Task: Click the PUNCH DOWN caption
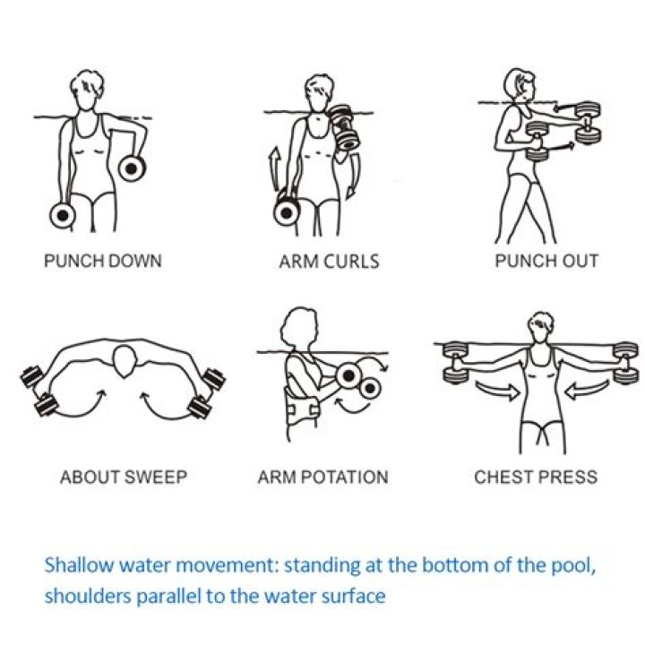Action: pyautogui.click(x=103, y=262)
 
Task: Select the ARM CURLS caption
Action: pyautogui.click(x=329, y=262)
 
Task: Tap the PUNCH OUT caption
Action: pyautogui.click(x=546, y=262)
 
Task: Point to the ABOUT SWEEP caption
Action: pyautogui.click(x=124, y=477)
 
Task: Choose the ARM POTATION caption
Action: pyautogui.click(x=322, y=477)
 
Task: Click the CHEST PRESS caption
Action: pyautogui.click(x=535, y=477)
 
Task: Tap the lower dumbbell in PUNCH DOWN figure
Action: pyautogui.click(x=64, y=215)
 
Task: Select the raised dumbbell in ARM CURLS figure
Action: pyautogui.click(x=344, y=127)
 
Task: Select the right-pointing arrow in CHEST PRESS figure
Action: pyautogui.click(x=495, y=391)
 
